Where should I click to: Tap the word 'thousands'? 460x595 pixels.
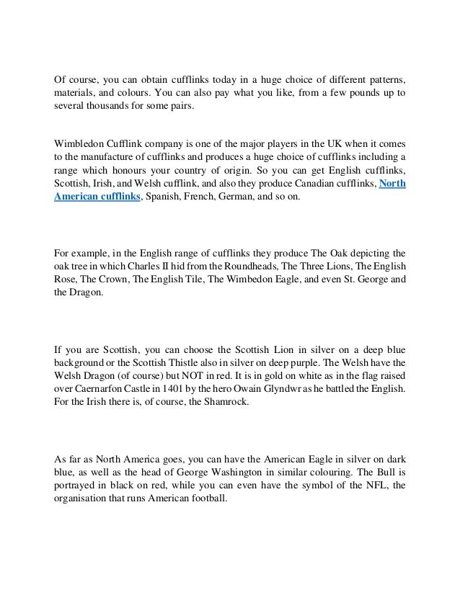coord(112,107)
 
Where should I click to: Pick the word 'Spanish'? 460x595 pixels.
coord(167,197)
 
